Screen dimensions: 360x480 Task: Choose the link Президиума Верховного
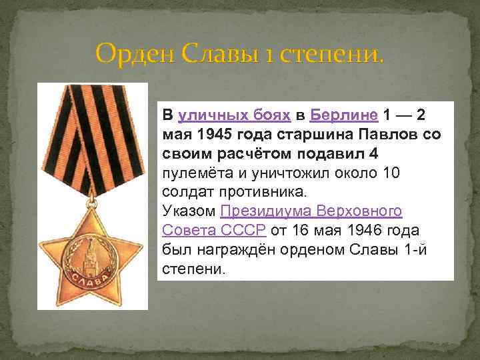click(311, 212)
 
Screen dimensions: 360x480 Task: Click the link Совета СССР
click(214, 231)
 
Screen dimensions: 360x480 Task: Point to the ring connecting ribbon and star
click(93, 199)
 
